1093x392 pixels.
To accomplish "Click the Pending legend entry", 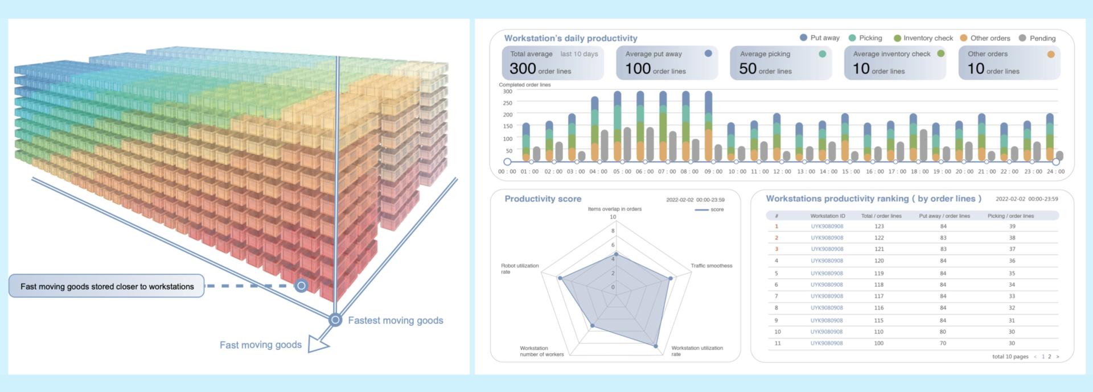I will (1037, 38).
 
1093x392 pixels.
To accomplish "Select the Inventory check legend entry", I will (923, 38).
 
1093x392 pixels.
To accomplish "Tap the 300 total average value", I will (523, 69).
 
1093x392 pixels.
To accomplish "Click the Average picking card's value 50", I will (747, 69).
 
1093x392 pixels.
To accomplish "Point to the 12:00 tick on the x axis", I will (782, 171).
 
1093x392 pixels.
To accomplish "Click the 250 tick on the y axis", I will (507, 103).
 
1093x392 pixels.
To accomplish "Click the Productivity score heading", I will (543, 199).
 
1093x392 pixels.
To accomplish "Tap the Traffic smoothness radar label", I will (711, 266).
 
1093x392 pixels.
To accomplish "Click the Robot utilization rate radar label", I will (519, 269).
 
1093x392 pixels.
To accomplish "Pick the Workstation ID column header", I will (827, 216).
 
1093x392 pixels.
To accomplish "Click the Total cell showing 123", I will (879, 226).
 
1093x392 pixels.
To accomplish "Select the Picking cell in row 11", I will (1012, 343).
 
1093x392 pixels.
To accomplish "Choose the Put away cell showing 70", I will (943, 343).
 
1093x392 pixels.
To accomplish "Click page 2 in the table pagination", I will (1049, 357).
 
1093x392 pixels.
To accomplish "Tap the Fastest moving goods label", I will (395, 320).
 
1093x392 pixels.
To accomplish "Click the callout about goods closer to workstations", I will (107, 286).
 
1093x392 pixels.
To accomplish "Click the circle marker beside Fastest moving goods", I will (335, 320).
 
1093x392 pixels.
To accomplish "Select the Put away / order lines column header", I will (944, 216).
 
